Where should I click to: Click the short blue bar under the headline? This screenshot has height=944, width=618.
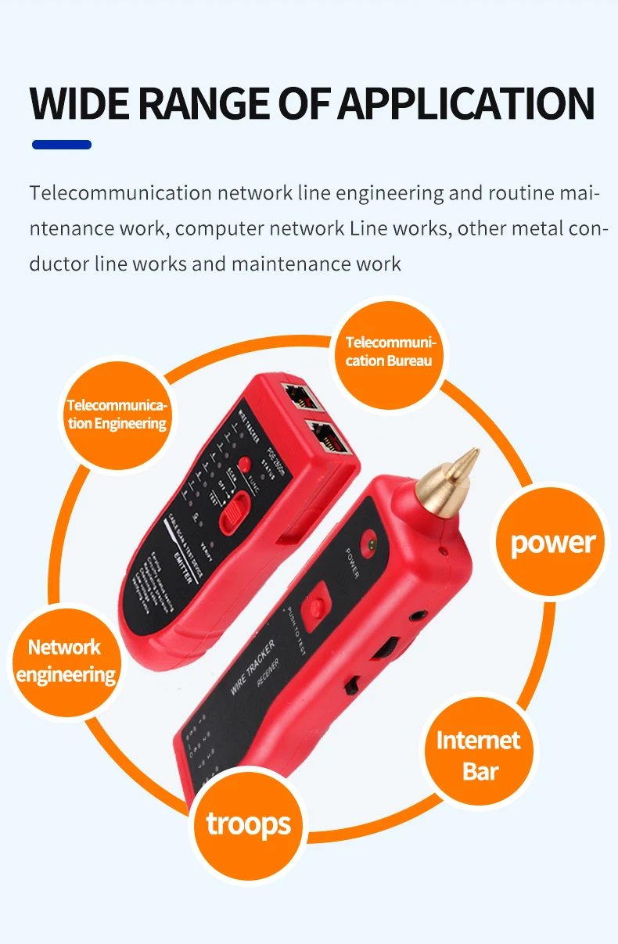pos(62,145)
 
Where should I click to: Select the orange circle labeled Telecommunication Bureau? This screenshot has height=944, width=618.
pos(389,352)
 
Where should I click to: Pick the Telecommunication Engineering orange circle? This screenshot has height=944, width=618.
pos(117,415)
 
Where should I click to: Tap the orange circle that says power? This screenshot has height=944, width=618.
pos(552,542)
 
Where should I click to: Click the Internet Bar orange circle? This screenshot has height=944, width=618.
pos(479,756)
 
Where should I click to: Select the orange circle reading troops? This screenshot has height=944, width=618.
pos(248,824)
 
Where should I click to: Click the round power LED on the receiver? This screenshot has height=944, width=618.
pos(366,544)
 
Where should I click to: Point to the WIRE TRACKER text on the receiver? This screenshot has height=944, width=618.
pos(253,667)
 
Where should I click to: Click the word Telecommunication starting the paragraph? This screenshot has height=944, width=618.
pos(121,193)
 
